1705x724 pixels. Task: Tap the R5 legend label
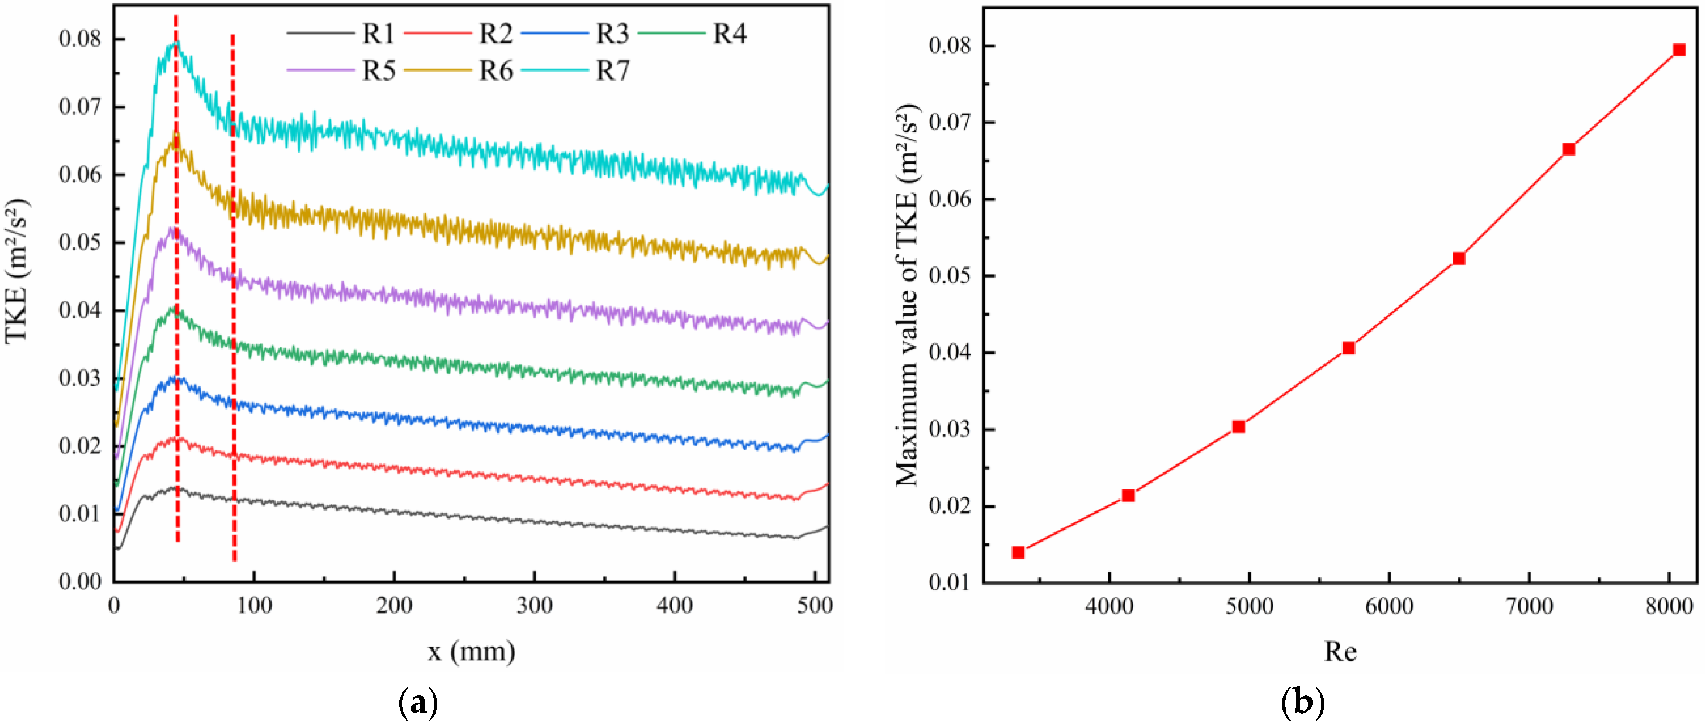pyautogui.click(x=378, y=70)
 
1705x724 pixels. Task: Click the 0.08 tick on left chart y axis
pyautogui.click(x=81, y=38)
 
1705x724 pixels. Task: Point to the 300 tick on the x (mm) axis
pyautogui.click(x=534, y=605)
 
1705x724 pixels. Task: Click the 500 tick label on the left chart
pyautogui.click(x=815, y=605)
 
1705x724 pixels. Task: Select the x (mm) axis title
pyautogui.click(x=471, y=651)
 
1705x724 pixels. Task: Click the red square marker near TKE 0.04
pyautogui.click(x=1348, y=348)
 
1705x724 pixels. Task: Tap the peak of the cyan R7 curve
pyautogui.click(x=175, y=44)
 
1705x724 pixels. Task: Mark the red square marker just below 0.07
pyautogui.click(x=1569, y=149)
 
